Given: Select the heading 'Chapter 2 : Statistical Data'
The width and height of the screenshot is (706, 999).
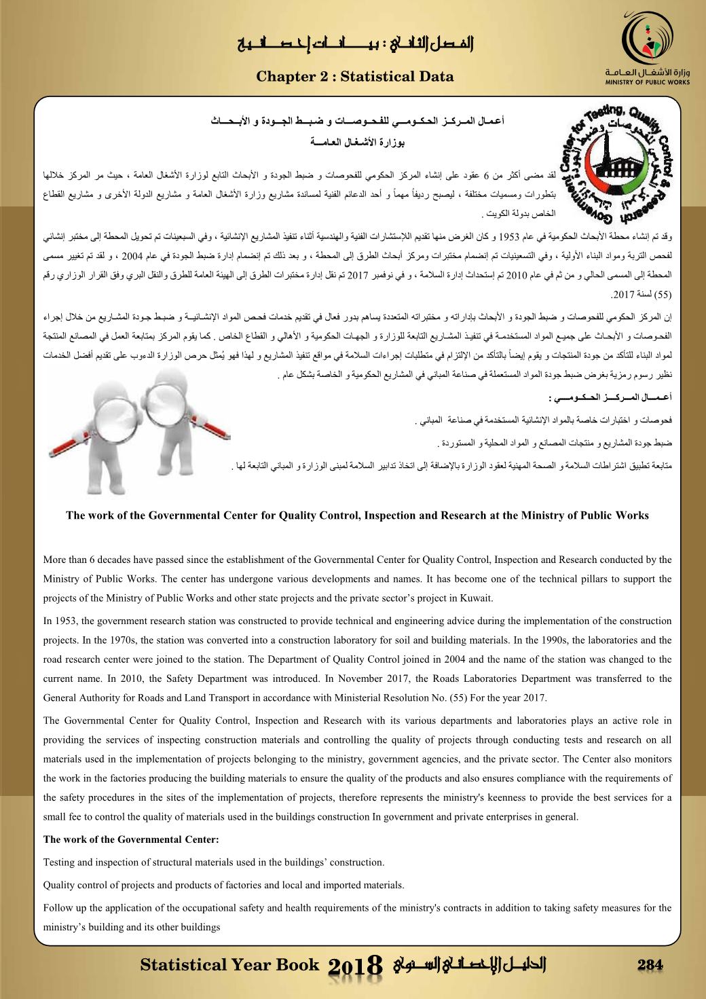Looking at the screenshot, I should [x=355, y=77].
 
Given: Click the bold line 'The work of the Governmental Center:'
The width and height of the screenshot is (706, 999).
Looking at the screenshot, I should [x=131, y=839].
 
